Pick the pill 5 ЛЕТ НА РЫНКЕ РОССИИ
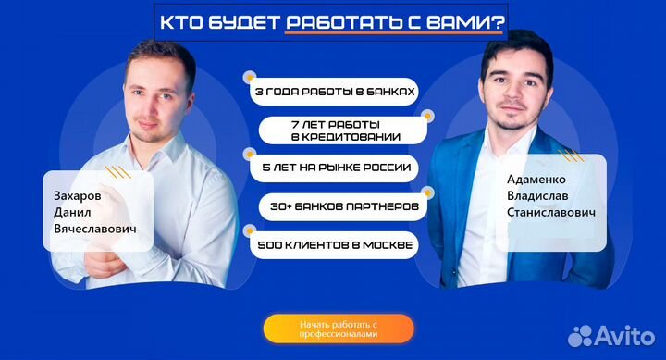334,169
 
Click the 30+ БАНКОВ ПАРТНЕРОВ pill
339,205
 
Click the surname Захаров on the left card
78,195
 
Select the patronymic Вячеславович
102,228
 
